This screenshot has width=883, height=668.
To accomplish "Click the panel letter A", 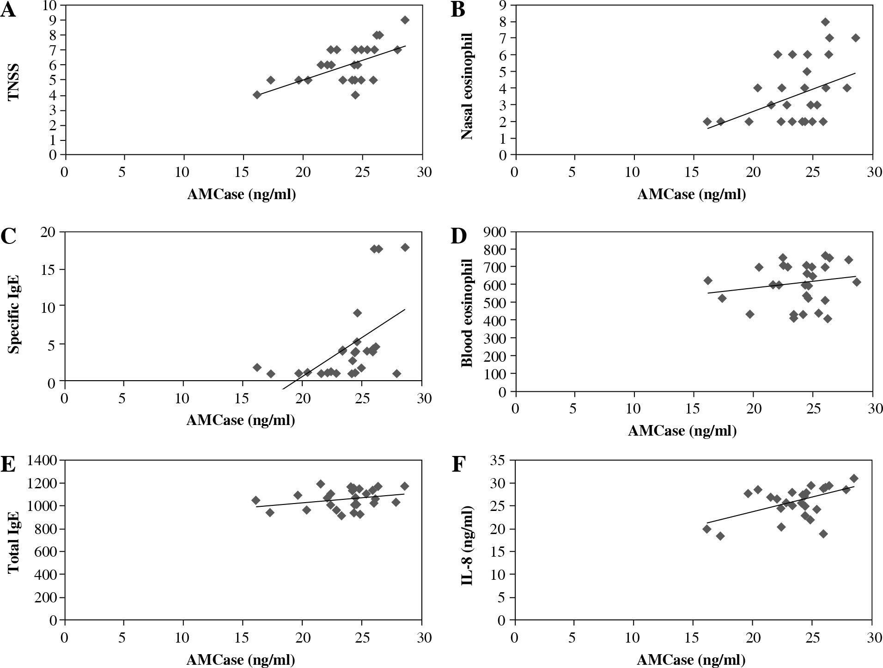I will (x=8, y=10).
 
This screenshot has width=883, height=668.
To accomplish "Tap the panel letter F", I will (x=457, y=465).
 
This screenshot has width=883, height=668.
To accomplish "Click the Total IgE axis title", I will (x=14, y=541).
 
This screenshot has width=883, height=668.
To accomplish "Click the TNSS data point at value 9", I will (x=405, y=20).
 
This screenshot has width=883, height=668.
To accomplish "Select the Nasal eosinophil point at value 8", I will (x=825, y=22).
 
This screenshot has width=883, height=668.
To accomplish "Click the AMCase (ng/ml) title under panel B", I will (x=691, y=194).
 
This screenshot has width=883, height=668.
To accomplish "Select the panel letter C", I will (x=8, y=236).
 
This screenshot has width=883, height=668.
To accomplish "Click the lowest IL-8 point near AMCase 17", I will (x=720, y=536).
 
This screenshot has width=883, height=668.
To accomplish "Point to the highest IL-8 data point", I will (x=854, y=478).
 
